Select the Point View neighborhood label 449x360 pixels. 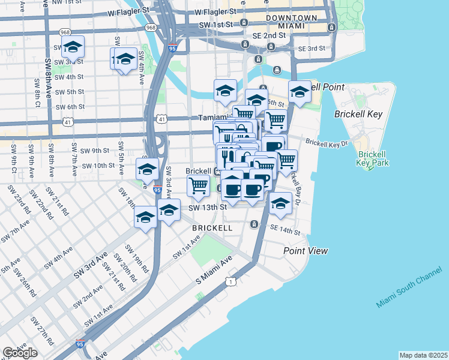coord(306,250)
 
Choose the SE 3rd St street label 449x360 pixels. coord(311,48)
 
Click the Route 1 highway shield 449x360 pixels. coord(230,281)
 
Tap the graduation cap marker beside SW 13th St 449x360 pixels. coord(169,211)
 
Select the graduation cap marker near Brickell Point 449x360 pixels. coord(300,92)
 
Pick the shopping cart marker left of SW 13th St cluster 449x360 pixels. coord(198,187)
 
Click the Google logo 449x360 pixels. coord(20,353)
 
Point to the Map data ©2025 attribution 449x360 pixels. coord(423,355)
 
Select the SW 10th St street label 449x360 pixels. coord(98,166)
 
